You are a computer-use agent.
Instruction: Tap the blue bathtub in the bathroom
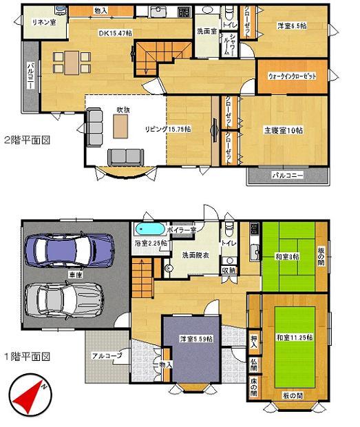149,229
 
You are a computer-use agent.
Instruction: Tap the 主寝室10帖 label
282,129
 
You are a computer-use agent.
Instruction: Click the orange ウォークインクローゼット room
292,76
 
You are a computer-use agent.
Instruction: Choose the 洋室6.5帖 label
292,25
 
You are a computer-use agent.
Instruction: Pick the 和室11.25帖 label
295,337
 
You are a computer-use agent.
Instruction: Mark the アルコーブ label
105,355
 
